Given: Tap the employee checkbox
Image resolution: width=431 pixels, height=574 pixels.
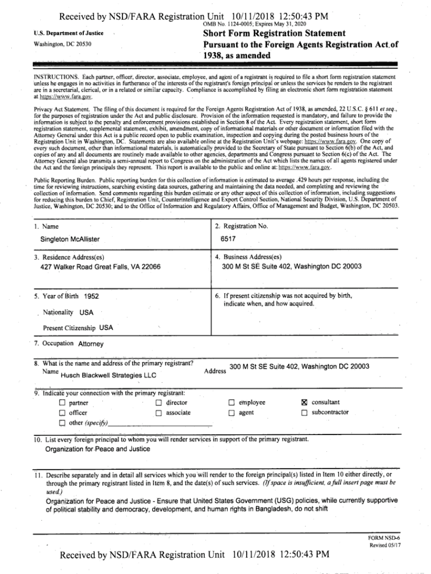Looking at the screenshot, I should click(231, 402).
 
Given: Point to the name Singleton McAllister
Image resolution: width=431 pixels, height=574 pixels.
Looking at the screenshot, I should click(70, 239).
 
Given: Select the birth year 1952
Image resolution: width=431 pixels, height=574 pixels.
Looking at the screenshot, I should click(92, 295).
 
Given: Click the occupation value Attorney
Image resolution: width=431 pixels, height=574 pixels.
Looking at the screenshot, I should click(91, 344).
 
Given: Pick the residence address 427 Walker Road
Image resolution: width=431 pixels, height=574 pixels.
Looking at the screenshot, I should click(101, 266).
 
